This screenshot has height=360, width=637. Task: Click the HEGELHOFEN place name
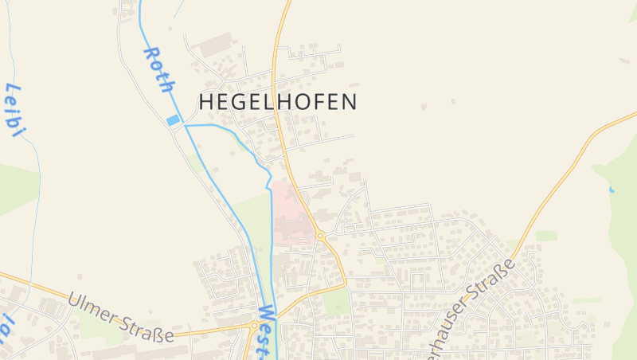[277, 102]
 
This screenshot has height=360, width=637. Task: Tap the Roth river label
[158, 70]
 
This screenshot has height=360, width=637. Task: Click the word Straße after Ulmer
[148, 327]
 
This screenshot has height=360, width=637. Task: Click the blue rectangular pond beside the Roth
[173, 120]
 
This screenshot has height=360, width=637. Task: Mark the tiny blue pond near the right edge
[612, 190]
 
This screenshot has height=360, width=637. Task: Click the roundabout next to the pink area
[319, 236]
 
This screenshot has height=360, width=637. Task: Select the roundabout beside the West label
[254, 325]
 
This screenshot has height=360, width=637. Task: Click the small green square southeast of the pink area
[338, 301]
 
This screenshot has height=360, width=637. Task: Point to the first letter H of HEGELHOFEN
[205, 102]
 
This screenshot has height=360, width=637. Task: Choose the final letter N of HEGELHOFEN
[349, 102]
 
